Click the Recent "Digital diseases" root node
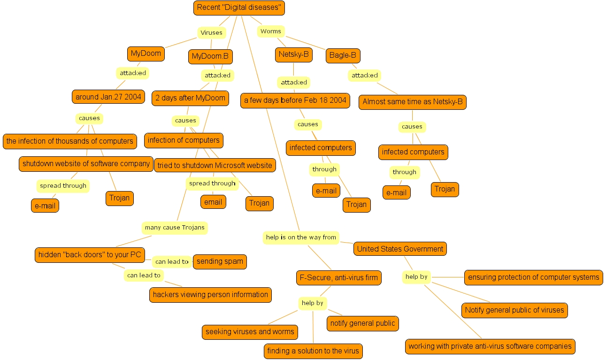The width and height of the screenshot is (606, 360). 239,8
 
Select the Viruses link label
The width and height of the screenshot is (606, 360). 211,33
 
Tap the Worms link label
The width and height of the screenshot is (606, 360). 271,31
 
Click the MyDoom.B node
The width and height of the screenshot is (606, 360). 210,57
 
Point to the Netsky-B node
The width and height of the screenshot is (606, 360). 293,54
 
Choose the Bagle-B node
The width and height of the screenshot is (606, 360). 343,55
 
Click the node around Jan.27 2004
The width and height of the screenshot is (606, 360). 108,97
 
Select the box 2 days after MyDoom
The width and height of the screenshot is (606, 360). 190,98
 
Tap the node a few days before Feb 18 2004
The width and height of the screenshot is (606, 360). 295,100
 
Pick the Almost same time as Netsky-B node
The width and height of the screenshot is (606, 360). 412,102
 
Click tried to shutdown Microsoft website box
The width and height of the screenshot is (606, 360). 215,165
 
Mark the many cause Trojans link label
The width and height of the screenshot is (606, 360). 175,228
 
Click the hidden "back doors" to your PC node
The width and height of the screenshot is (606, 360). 90,255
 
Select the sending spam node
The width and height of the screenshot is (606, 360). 220,261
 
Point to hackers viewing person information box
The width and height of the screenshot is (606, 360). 210,295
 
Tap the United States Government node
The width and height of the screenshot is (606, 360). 400,249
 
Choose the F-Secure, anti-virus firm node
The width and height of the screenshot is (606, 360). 338,277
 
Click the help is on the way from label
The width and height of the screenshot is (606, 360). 301,237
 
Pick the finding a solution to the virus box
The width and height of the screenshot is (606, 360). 313,351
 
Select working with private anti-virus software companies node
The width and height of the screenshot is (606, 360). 490,346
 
